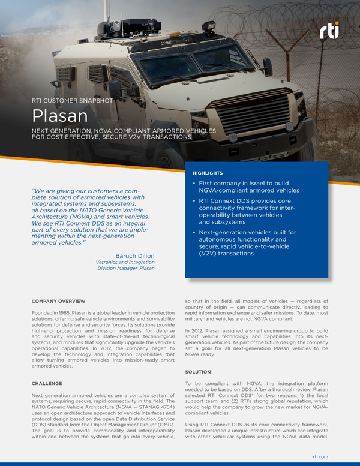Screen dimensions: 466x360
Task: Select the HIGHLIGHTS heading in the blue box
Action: (x=207, y=173)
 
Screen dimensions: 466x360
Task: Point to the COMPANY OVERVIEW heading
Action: (x=58, y=300)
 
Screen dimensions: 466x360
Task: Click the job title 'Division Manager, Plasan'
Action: (x=125, y=268)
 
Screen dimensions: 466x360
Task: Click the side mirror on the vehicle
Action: (x=268, y=66)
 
